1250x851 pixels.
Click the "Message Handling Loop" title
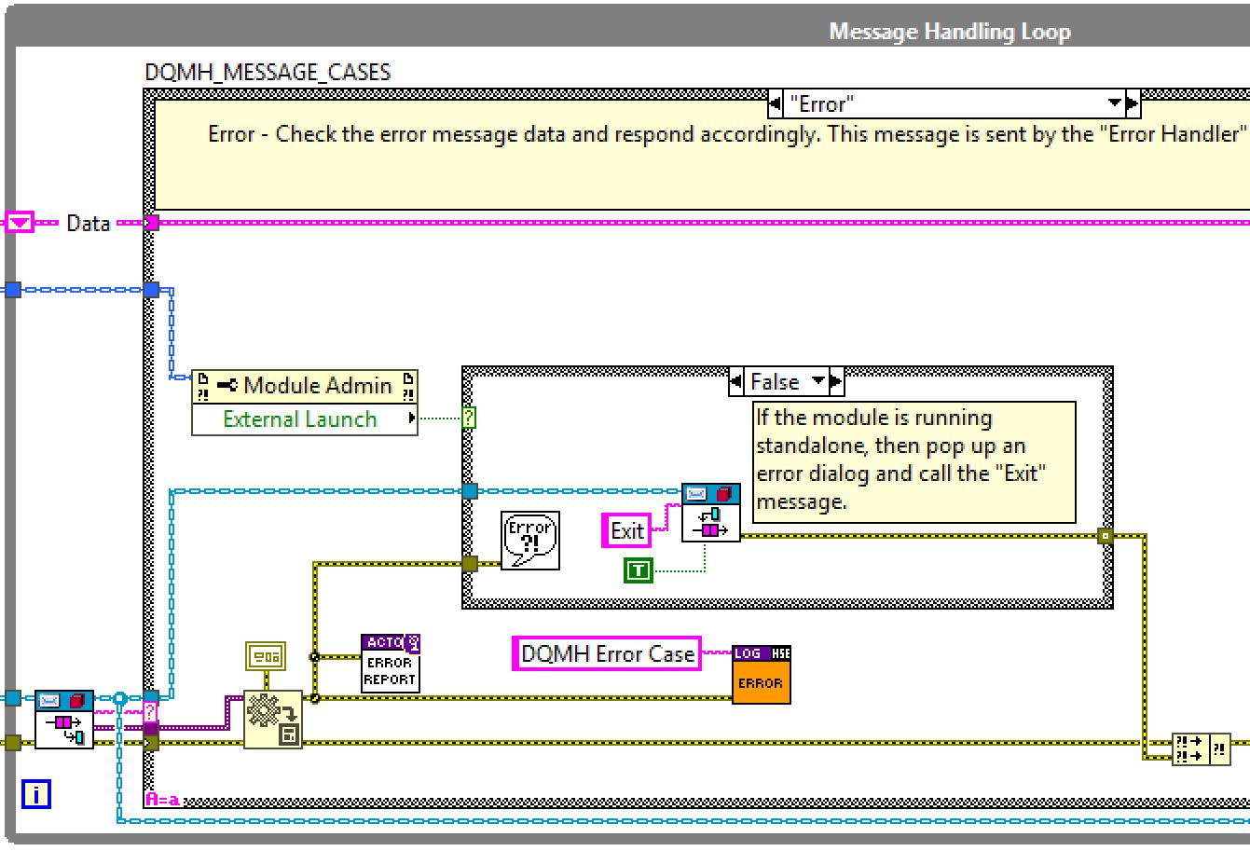click(949, 32)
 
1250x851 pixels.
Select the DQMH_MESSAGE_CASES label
click(268, 73)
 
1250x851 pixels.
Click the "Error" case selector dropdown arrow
click(1114, 103)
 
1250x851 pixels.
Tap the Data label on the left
click(89, 224)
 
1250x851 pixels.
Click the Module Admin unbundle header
click(305, 386)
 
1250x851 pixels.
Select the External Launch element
click(300, 419)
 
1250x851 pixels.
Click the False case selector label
click(775, 381)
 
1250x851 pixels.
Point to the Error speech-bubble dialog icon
click(529, 540)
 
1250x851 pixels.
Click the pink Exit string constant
click(627, 530)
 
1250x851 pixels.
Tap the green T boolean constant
click(639, 570)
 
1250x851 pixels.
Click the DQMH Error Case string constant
click(608, 654)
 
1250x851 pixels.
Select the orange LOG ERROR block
click(761, 674)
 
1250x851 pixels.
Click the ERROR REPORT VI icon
click(390, 663)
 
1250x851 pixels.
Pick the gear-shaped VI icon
click(272, 719)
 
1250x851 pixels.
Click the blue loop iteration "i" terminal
click(36, 794)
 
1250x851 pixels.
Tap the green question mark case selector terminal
click(469, 419)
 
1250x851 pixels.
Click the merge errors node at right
click(1201, 748)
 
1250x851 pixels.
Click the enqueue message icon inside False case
click(710, 512)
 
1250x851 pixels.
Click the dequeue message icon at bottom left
click(64, 719)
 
